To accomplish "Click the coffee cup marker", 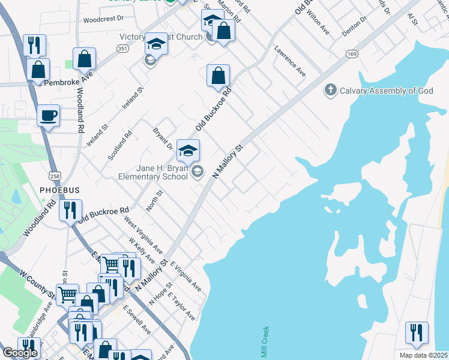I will tap(48, 115).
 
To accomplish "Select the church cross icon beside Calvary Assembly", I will tap(330, 91).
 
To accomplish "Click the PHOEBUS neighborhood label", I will tap(59, 190).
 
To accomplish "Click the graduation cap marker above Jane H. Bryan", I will tap(188, 151).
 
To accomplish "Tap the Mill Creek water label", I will tap(264, 343).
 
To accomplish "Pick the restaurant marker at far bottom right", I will tap(417, 333).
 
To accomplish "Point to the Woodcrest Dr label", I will tap(103, 19).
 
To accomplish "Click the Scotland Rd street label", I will tap(119, 146).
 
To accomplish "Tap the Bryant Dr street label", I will tap(162, 139).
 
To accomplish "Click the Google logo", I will tap(20, 353).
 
